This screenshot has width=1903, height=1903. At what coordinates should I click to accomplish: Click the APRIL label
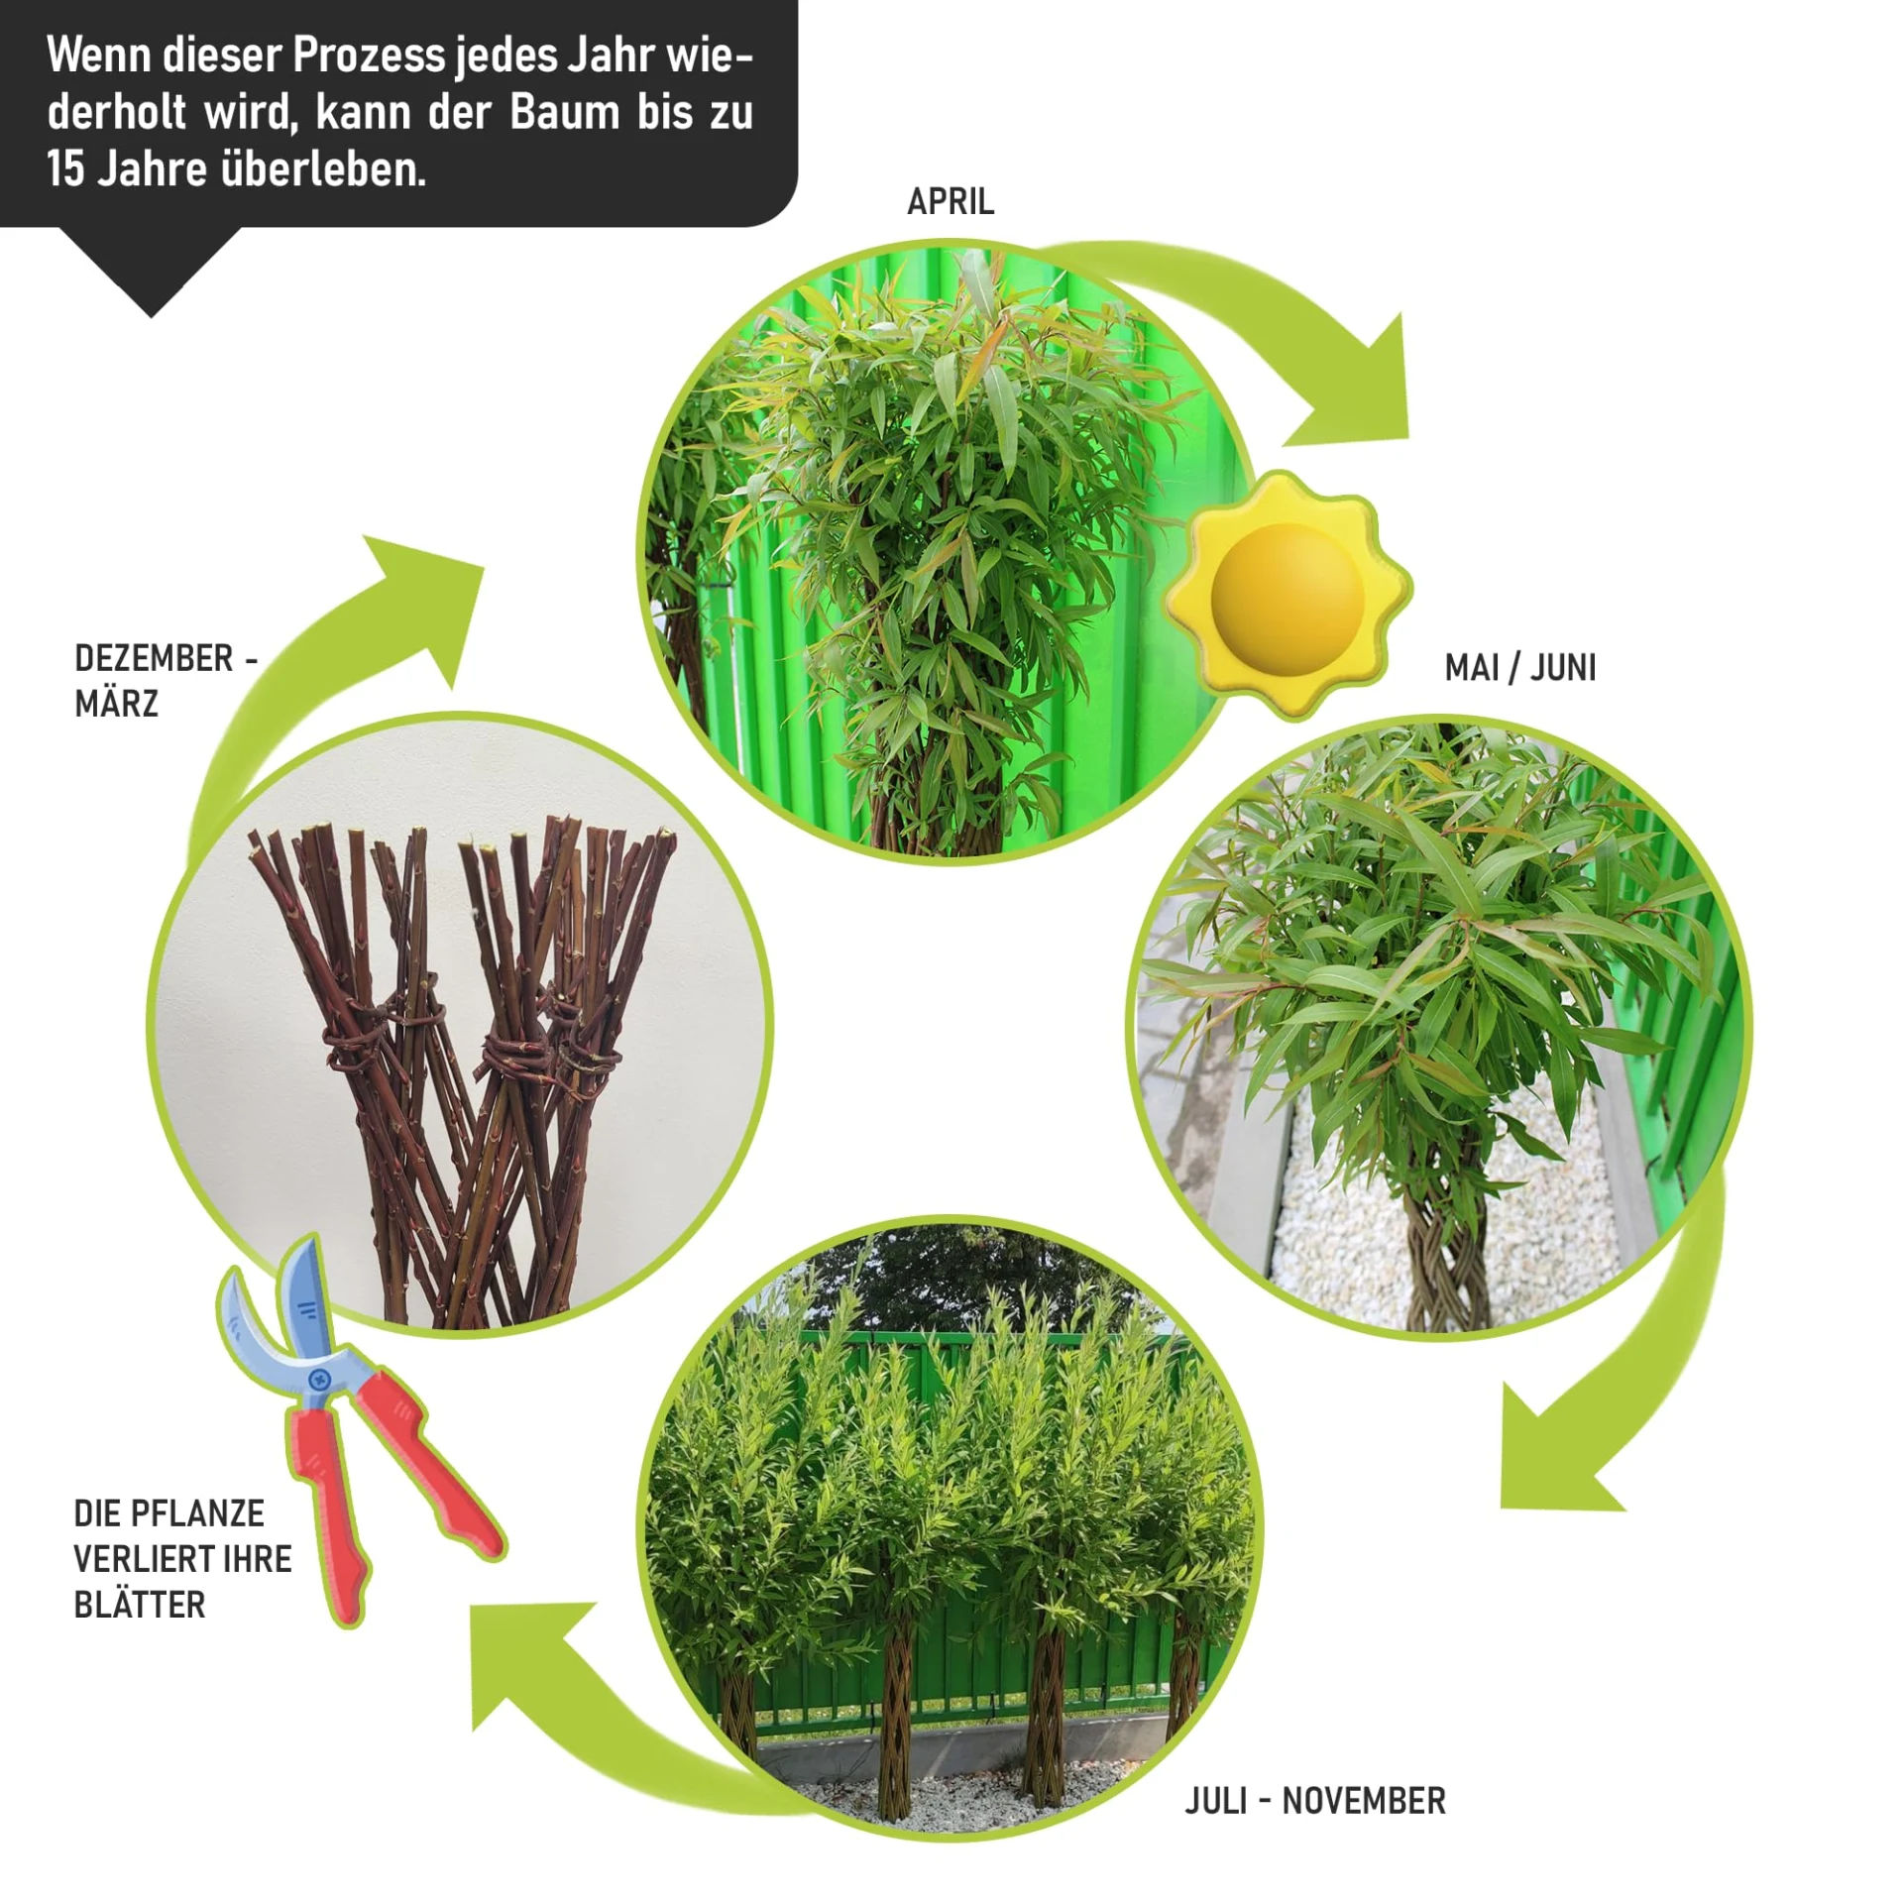951,201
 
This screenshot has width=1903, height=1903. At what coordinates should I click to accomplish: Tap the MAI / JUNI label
1520,668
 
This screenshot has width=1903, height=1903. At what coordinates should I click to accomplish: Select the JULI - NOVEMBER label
1315,1801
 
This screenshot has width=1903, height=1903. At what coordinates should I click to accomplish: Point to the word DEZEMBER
154,658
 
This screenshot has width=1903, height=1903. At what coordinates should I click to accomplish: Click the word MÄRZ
116,703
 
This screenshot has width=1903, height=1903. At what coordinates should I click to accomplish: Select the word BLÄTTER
140,1605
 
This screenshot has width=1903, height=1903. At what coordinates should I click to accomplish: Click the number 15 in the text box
65,168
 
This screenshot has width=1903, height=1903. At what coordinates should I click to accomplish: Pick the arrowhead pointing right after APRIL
1363,387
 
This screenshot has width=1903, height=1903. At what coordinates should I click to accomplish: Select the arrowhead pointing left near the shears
525,1665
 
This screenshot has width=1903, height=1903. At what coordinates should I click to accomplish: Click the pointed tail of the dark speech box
151,316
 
